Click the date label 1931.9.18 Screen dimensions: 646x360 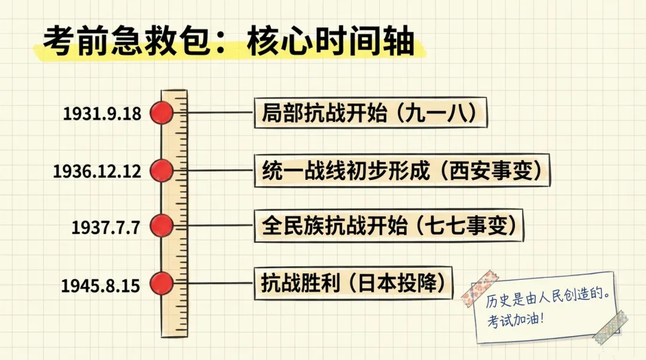tap(102, 114)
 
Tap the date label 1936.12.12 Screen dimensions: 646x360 tap(97, 172)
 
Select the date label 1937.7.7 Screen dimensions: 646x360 tap(105, 228)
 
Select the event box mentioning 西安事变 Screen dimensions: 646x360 tap(402, 170)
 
